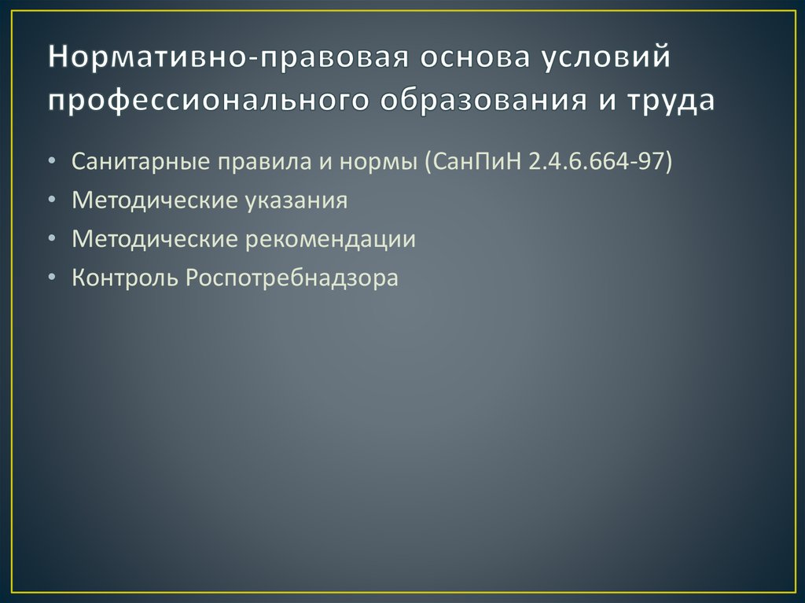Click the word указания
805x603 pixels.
[298, 200]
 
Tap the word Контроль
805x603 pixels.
[125, 278]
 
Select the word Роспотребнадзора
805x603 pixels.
[292, 278]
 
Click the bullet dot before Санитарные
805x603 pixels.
[52, 163]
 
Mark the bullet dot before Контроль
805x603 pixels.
[52, 278]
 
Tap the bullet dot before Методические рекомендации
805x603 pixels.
[52, 240]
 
